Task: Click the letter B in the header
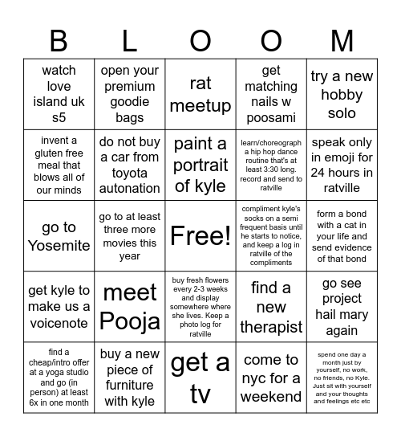pos(59,40)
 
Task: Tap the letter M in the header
pos(342,40)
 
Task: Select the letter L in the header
pos(130,40)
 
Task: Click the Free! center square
pos(200,235)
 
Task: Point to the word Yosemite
pos(59,245)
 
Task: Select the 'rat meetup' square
pos(200,94)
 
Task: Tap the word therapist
pos(271,327)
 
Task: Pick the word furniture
pos(130,386)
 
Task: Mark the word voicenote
pos(59,321)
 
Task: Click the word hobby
pos(342,95)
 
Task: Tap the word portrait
pos(200,165)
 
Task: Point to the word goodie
pos(130,102)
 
